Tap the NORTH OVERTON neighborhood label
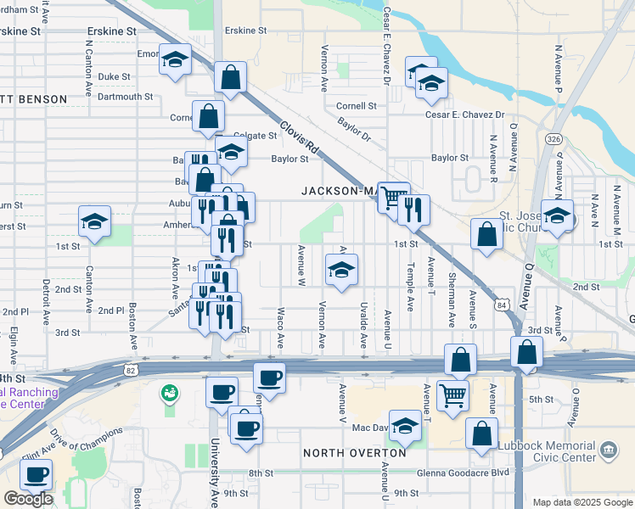pos(350,453)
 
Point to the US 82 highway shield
pos(129,370)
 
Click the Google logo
pos(28,499)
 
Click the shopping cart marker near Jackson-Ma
pos(392,198)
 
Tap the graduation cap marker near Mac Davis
pos(405,428)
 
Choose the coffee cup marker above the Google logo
pos(36,475)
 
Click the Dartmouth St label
pos(125,97)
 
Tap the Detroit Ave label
pos(45,301)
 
